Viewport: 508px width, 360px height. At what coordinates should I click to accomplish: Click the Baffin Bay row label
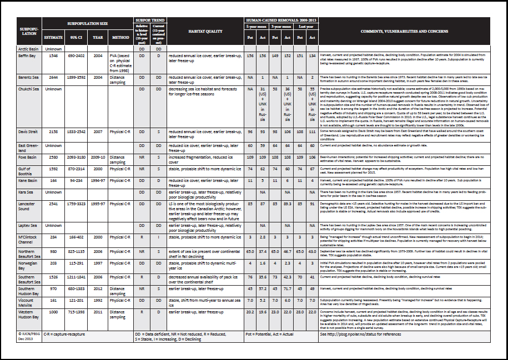(x=28, y=56)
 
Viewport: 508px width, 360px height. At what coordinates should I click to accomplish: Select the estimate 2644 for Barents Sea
(x=53, y=78)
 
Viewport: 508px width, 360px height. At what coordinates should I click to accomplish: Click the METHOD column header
(x=120, y=38)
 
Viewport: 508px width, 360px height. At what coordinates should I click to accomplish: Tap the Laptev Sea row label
(x=28, y=225)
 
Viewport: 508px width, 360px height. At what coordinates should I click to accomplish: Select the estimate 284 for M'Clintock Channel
(x=53, y=237)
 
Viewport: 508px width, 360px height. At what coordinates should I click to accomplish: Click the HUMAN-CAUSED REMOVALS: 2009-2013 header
(x=281, y=21)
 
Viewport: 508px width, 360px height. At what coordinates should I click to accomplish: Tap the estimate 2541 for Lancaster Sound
(x=53, y=204)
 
